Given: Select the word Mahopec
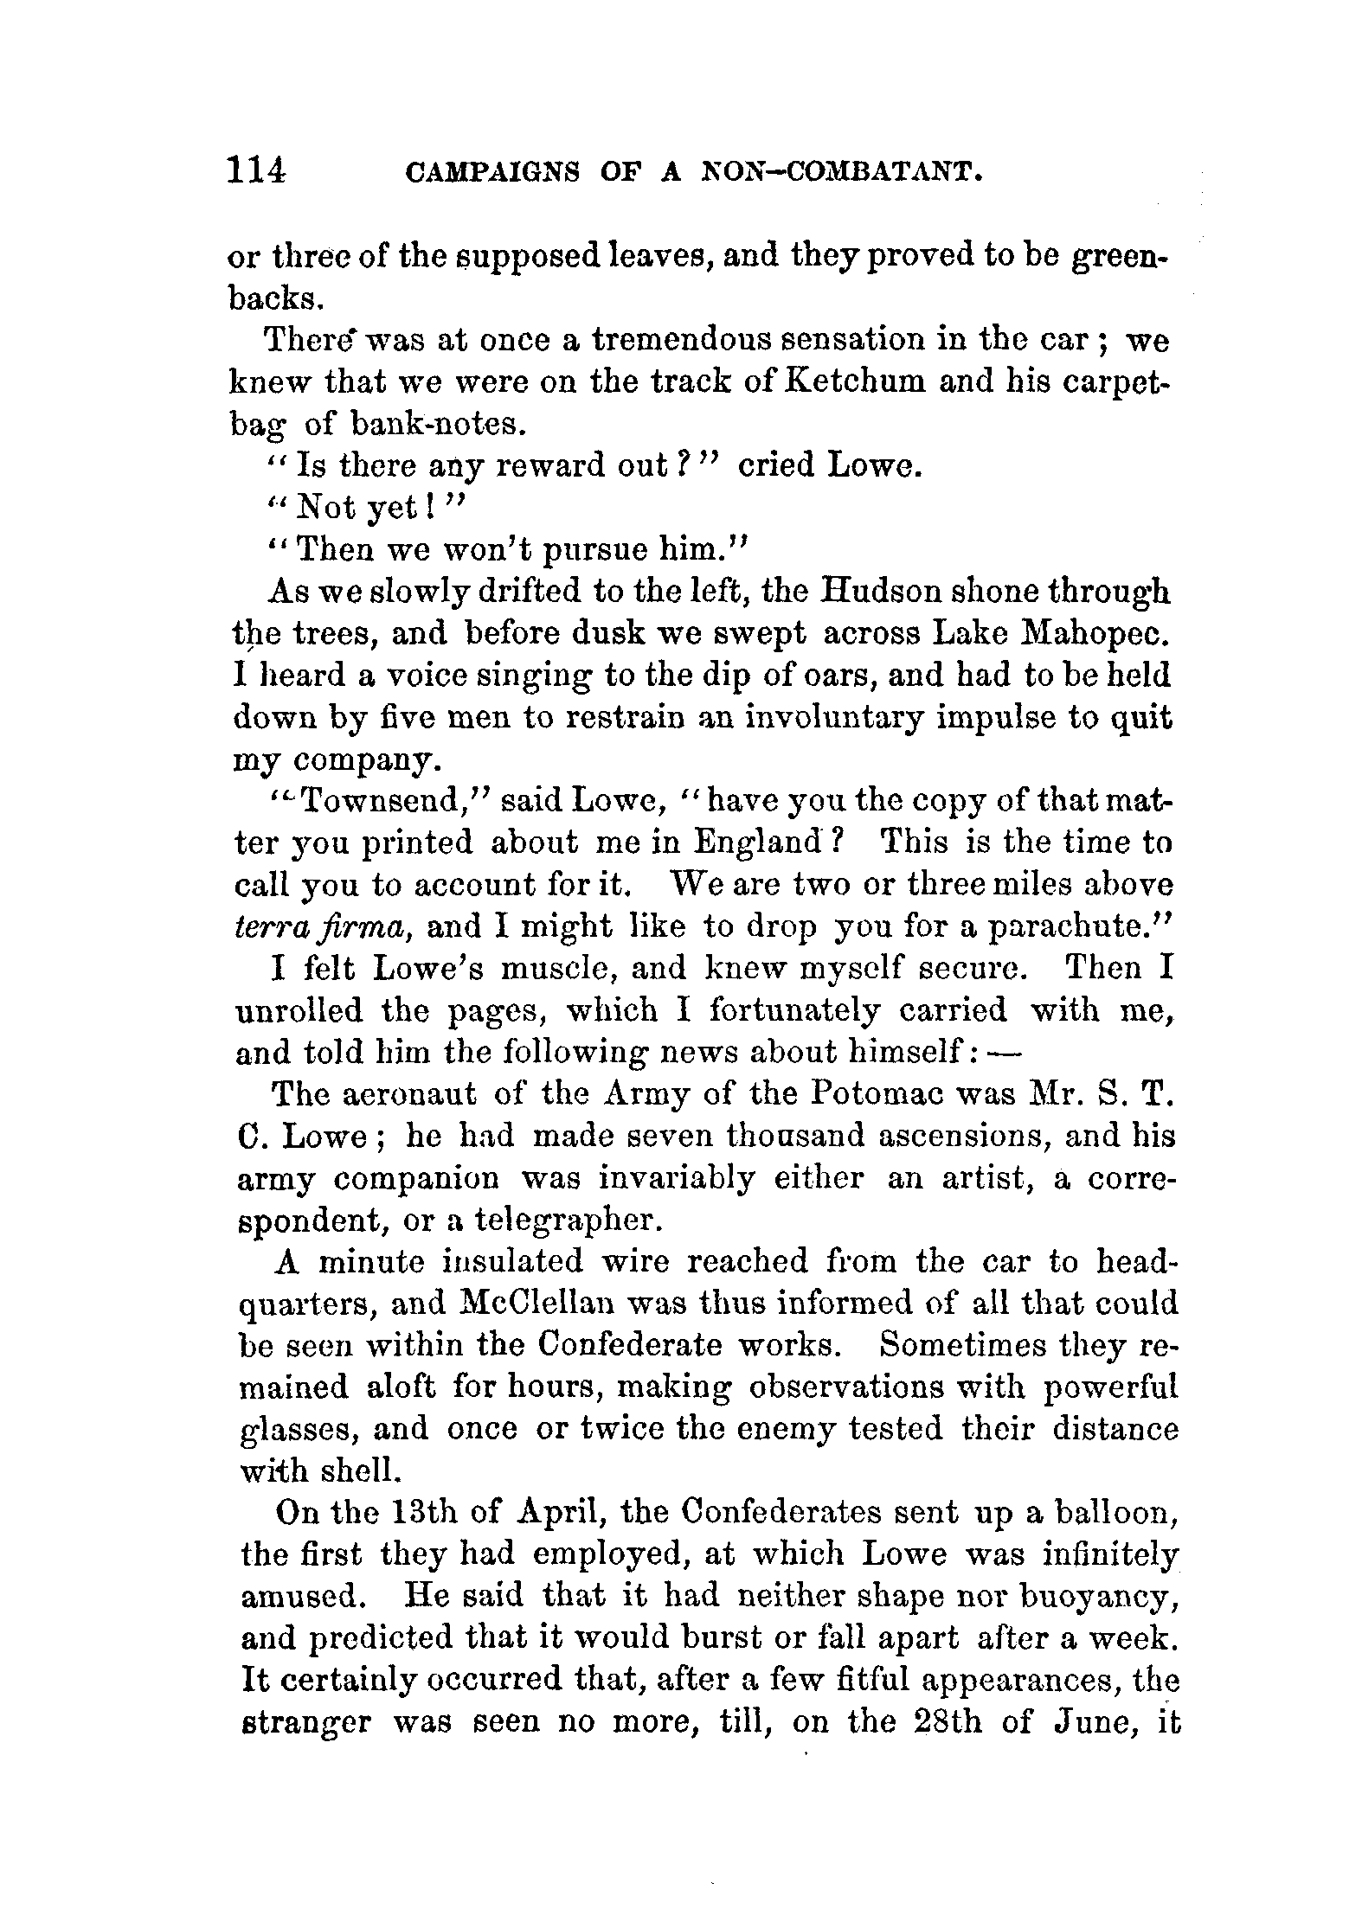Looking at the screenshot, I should pyautogui.click(x=1097, y=634).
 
